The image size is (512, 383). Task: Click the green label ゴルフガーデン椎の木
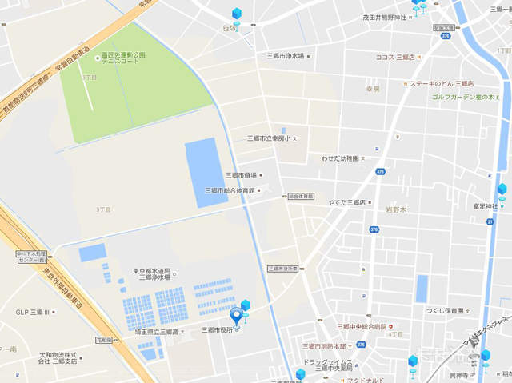(x=465, y=96)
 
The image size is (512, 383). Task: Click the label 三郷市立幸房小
(x=269, y=139)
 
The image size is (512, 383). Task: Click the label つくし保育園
(x=444, y=310)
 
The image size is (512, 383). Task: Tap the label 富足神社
(x=486, y=206)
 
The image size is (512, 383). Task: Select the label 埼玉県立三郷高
(x=157, y=331)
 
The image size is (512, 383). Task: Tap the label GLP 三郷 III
(x=32, y=313)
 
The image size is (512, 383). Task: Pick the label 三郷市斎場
(x=241, y=174)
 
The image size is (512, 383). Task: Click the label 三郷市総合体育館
(x=230, y=190)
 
